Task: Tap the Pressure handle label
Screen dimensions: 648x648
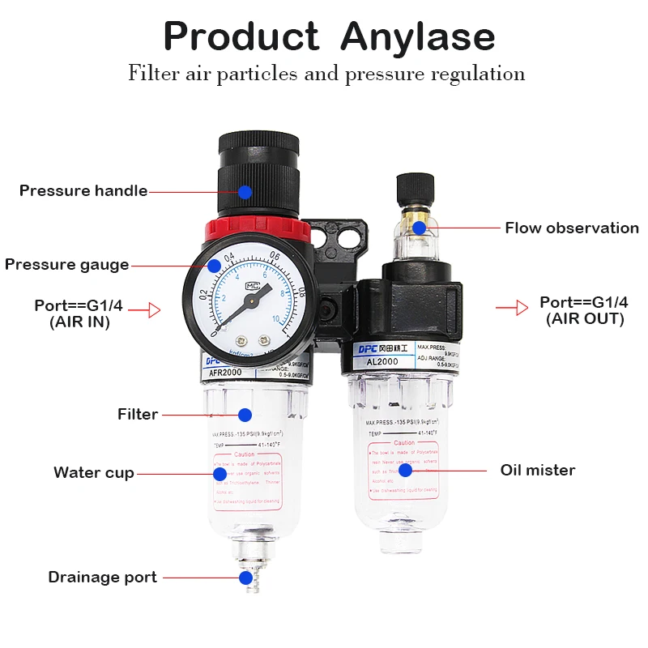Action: (x=83, y=191)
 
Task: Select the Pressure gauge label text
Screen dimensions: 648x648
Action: (x=66, y=265)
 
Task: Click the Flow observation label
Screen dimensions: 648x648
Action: (x=572, y=228)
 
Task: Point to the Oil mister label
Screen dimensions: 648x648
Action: (x=538, y=470)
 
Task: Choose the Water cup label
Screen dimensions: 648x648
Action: (x=94, y=473)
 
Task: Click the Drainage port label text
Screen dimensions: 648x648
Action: (x=102, y=578)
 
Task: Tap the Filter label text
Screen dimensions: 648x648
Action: (x=138, y=415)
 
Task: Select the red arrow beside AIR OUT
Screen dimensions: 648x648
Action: (x=507, y=308)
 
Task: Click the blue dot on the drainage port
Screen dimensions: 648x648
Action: (x=245, y=578)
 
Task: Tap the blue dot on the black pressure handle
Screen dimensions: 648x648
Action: (x=245, y=192)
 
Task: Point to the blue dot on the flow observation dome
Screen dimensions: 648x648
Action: (x=419, y=228)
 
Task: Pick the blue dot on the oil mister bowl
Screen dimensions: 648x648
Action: (x=406, y=470)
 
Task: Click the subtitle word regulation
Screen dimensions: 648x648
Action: (x=480, y=74)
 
